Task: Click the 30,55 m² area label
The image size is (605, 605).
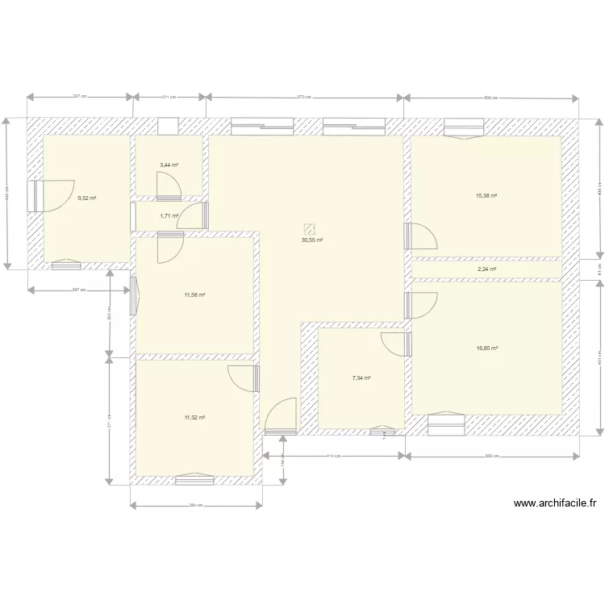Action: point(312,240)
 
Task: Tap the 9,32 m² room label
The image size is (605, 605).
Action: point(86,198)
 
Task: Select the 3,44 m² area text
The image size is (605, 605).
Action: point(169,165)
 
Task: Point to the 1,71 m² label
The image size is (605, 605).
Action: point(169,215)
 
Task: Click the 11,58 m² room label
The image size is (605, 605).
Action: point(194,295)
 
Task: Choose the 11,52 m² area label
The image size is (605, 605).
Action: point(194,417)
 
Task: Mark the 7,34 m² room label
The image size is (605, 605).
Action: point(361,378)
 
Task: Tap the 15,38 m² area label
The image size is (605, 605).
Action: point(486,196)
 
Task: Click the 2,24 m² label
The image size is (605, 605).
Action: point(486,269)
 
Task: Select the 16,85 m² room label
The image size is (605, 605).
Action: point(486,348)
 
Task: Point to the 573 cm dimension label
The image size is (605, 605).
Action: point(304,97)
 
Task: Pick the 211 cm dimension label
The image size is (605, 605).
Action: point(169,97)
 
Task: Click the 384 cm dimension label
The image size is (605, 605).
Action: point(196,507)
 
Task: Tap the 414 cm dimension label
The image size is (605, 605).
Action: point(332,456)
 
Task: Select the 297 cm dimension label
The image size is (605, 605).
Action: point(78,289)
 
